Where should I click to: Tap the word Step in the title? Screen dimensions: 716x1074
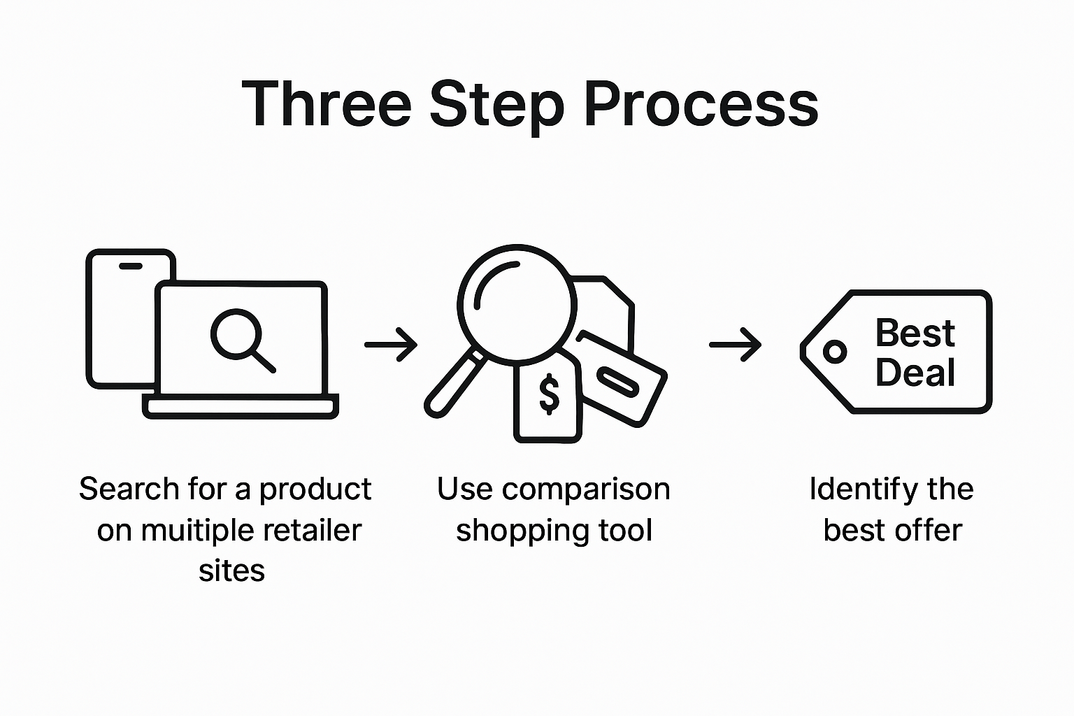[x=496, y=104]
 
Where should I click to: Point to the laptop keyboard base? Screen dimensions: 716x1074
[x=241, y=406]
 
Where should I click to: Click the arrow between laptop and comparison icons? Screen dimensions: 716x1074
[x=391, y=344]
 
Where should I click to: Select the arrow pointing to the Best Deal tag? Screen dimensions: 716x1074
[x=735, y=344]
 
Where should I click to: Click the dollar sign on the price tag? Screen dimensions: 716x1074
[x=550, y=394]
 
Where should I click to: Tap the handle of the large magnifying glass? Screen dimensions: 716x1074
[x=454, y=381]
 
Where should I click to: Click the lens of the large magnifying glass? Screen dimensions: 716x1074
[x=517, y=303]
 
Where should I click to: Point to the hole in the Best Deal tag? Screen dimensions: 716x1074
[x=834, y=351]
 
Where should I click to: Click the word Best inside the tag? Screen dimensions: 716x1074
[x=915, y=333]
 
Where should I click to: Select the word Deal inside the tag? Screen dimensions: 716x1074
[x=915, y=372]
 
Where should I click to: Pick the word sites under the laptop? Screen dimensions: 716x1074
[x=231, y=571]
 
